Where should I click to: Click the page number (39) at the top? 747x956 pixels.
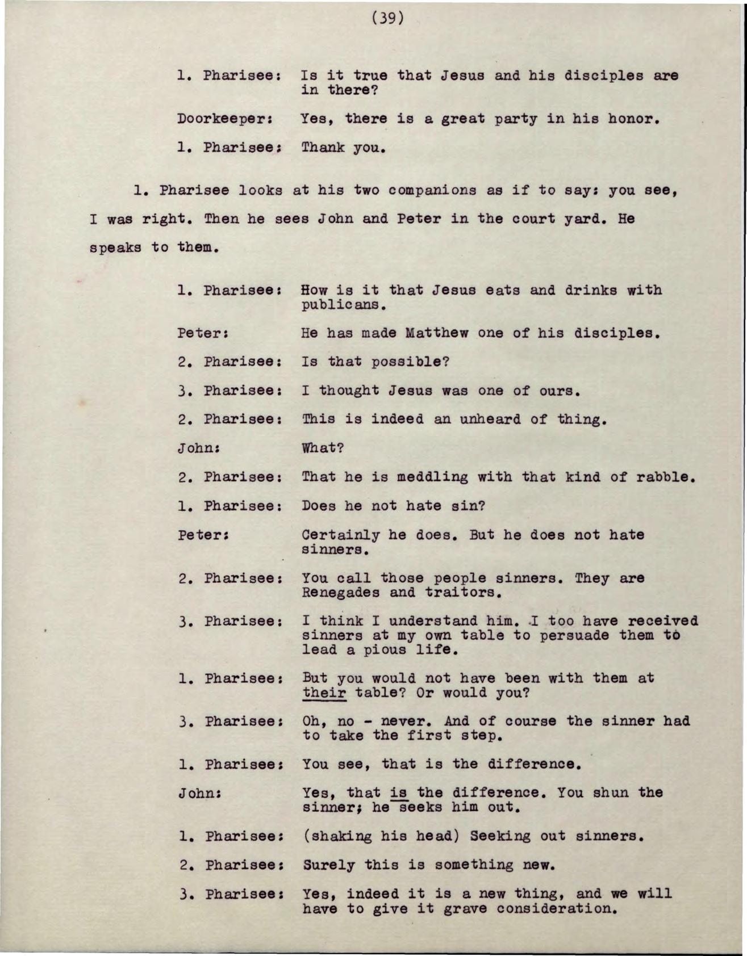(x=388, y=19)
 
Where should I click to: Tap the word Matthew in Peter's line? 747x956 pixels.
(x=437, y=333)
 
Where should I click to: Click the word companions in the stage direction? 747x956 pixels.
(x=432, y=191)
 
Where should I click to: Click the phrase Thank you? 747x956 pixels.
(x=344, y=149)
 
